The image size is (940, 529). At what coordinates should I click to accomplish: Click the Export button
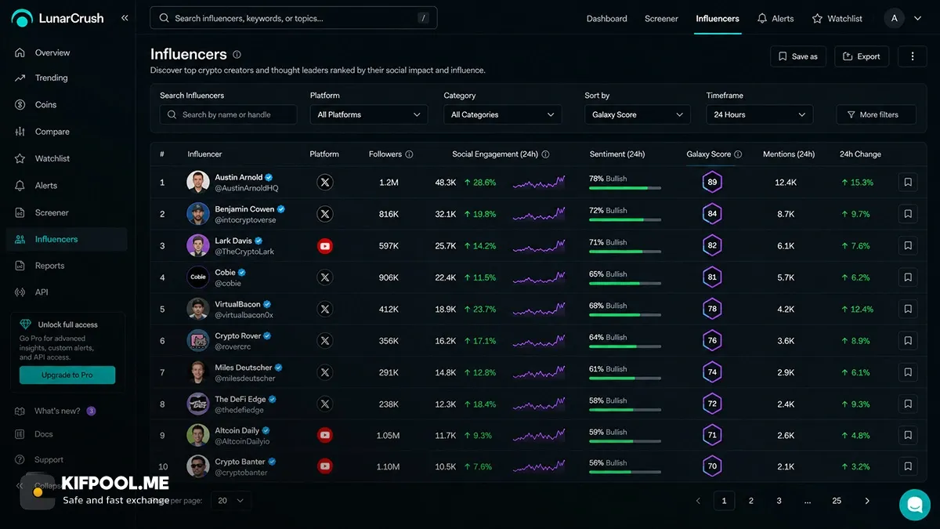[862, 56]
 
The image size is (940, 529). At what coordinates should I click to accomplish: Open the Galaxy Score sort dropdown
[637, 114]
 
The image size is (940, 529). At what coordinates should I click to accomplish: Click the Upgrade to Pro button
[67, 375]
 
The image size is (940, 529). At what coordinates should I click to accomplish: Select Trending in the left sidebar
[51, 78]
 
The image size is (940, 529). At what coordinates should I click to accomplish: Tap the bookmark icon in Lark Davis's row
[908, 245]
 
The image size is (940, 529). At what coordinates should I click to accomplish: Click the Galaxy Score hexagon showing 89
[712, 182]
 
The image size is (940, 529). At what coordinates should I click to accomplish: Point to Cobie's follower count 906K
[389, 277]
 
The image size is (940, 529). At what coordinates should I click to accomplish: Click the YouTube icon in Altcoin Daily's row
[325, 436]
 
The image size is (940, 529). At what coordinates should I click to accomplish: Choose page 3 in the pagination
[779, 501]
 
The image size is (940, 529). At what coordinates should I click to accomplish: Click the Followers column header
[385, 154]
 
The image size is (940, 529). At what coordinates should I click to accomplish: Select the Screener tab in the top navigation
[661, 19]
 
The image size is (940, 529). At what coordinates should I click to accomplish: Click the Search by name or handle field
[228, 114]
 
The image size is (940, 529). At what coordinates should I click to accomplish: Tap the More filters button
[877, 114]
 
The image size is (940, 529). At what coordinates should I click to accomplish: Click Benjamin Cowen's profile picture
[197, 214]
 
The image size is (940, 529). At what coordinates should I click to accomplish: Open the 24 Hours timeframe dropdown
[760, 114]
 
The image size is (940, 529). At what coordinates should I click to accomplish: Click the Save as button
[798, 56]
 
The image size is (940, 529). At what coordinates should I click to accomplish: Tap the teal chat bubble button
[915, 505]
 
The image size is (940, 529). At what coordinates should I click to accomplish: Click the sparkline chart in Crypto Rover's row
[539, 340]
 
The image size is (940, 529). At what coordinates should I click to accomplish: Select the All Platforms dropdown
[369, 114]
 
